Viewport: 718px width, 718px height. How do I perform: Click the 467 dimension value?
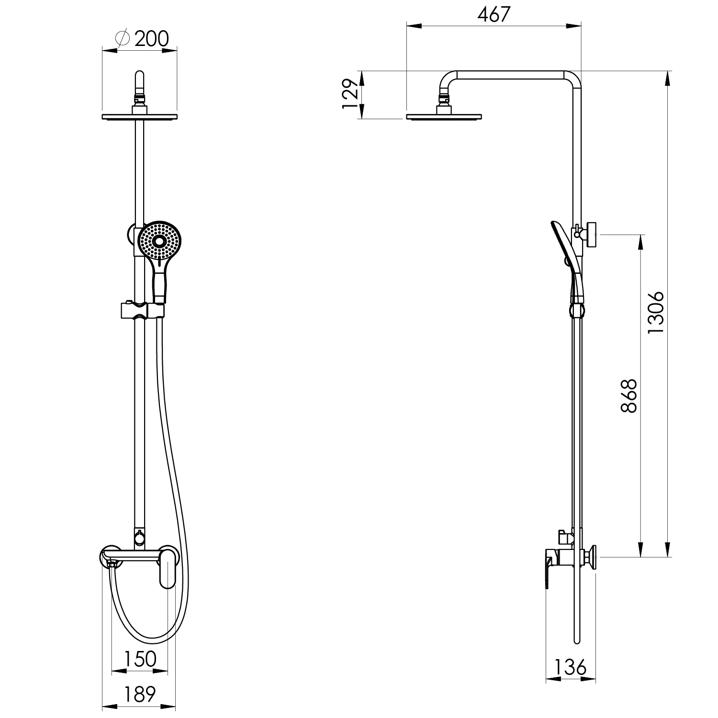[x=494, y=14]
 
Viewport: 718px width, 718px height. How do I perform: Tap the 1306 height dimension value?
[x=655, y=313]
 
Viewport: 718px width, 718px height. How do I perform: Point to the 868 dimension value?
[x=628, y=395]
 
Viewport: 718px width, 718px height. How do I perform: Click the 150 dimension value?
[x=140, y=659]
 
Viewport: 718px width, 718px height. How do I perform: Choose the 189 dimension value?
[x=139, y=694]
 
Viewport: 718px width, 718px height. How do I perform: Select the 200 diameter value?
[x=152, y=39]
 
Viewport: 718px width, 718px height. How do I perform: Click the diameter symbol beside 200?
[x=123, y=39]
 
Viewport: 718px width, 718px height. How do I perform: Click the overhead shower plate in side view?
[x=444, y=116]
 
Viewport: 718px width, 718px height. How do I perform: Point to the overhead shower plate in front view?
[x=139, y=116]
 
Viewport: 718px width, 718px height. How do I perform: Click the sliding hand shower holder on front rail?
[x=142, y=310]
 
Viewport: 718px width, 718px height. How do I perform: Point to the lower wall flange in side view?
[x=593, y=558]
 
